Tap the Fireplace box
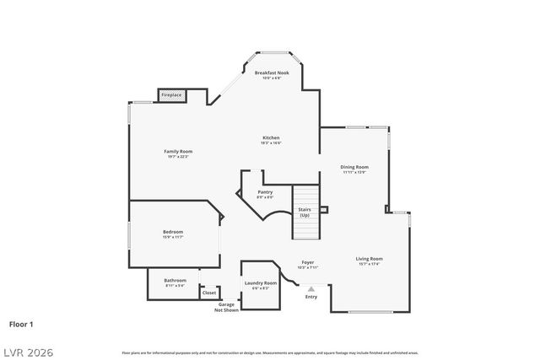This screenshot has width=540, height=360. [x=171, y=95]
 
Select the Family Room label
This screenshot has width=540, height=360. [x=178, y=151]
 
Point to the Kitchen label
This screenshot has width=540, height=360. [x=271, y=137]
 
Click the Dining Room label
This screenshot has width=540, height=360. [x=354, y=167]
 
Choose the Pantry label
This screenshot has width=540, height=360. [x=265, y=192]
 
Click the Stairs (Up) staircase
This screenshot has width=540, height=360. [x=305, y=212]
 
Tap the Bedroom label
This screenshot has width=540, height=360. [x=173, y=232]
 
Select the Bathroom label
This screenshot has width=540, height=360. [x=175, y=280]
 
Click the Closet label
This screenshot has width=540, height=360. [x=209, y=293]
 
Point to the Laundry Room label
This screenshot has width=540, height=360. [x=260, y=283]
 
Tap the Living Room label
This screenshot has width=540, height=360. [x=369, y=259]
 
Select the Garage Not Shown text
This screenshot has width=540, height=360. [x=227, y=307]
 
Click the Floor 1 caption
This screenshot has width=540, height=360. [x=22, y=323]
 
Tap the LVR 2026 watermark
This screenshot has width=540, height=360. [x=27, y=351]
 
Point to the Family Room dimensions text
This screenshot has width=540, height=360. [x=178, y=156]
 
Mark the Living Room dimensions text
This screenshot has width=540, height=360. [x=369, y=264]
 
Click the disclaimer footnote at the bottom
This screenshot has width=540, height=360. [x=270, y=352]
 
